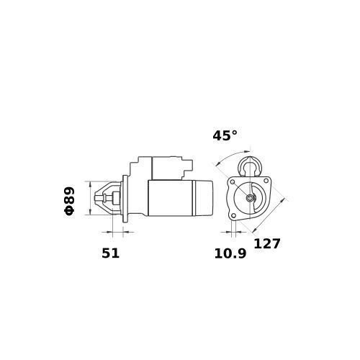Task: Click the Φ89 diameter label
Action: coord(69,201)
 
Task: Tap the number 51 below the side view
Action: coord(110,253)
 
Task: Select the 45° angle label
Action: coord(225,135)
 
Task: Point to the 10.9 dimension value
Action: coord(230,253)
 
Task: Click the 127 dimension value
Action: coord(267,244)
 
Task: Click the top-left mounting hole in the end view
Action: coord(233,182)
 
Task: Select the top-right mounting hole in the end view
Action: coord(266,181)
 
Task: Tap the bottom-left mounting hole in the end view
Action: coord(233,216)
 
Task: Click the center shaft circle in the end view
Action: coord(250,198)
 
